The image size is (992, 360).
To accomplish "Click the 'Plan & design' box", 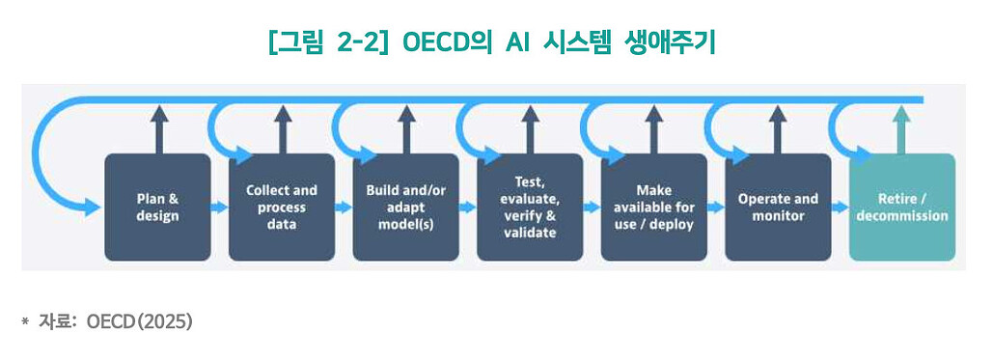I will [x=157, y=207].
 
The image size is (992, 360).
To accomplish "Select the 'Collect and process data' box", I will [x=282, y=207].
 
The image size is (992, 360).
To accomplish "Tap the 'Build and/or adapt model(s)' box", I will [x=405, y=207].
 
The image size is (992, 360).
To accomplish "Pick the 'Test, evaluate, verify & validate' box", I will [x=530, y=207].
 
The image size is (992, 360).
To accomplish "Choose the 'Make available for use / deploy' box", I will [x=653, y=207].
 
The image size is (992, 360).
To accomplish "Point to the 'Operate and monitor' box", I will [x=778, y=207].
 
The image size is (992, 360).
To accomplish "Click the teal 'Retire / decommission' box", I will [x=901, y=207].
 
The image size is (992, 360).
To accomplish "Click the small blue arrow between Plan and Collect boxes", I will [x=219, y=207].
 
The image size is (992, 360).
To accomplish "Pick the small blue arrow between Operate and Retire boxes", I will [x=840, y=207].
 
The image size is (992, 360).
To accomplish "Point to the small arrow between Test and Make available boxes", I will [x=592, y=207].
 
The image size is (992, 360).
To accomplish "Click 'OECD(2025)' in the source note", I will [x=140, y=321].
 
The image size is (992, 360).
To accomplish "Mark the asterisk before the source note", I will [x=25, y=321].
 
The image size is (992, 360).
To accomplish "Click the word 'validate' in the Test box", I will [x=530, y=233].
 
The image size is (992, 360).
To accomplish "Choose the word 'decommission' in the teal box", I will [x=901, y=215].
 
